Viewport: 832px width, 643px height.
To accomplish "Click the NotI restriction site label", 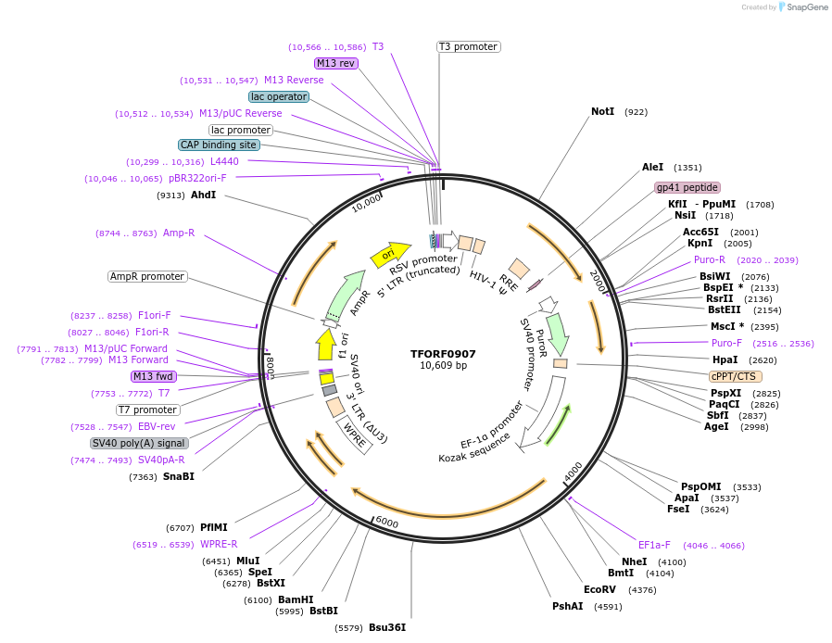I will click(x=603, y=111).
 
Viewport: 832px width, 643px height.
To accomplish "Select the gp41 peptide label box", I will click(x=687, y=187).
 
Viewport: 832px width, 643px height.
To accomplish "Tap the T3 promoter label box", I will click(x=468, y=46).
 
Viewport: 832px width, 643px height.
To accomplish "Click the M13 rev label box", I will click(x=335, y=63).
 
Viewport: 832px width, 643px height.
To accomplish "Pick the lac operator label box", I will click(x=279, y=96).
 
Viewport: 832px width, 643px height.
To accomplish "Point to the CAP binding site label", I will click(x=219, y=145).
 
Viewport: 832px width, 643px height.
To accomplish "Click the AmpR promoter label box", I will click(x=147, y=276).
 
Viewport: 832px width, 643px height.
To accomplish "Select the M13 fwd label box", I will click(x=154, y=376).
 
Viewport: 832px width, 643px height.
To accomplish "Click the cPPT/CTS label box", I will click(x=734, y=376).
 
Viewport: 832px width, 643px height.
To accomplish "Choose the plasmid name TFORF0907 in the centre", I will click(x=443, y=353).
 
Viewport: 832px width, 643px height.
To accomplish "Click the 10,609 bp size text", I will click(x=443, y=366).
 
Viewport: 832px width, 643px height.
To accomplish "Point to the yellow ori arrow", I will click(x=390, y=254).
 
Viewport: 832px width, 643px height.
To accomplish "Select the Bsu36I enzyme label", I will click(x=387, y=627).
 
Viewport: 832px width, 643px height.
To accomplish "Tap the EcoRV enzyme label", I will click(x=599, y=589).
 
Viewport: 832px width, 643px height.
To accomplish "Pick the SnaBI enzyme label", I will click(x=179, y=476).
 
